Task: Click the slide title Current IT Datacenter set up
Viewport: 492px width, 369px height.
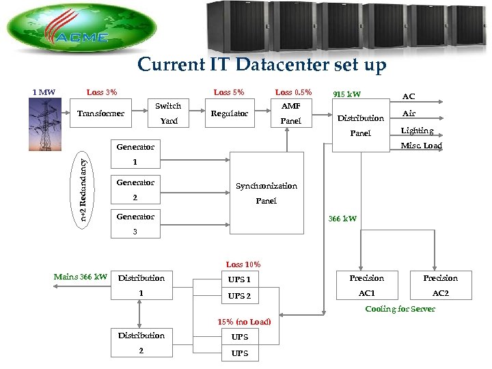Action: [262, 65]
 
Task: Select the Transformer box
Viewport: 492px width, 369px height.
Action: [100, 113]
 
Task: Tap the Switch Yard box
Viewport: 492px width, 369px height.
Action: [168, 113]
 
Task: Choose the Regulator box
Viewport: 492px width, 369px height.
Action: [230, 113]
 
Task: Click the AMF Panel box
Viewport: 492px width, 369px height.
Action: [291, 113]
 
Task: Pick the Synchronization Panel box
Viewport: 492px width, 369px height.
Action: [266, 193]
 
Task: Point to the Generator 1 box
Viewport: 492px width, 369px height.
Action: [135, 154]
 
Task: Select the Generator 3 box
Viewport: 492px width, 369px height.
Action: [135, 224]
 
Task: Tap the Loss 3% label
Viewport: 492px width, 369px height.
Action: [102, 92]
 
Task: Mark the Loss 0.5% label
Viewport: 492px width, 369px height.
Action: [293, 92]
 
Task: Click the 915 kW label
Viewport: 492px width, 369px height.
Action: [346, 94]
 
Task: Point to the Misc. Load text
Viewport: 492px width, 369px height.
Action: [422, 146]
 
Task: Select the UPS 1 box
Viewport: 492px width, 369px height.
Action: [239, 279]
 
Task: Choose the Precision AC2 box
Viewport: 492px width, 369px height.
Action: [440, 286]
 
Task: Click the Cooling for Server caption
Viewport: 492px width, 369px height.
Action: [400, 309]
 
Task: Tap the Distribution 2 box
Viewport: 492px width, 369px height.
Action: [141, 343]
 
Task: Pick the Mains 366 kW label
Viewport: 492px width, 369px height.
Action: [81, 277]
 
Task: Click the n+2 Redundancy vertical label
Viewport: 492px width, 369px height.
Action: [83, 189]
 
